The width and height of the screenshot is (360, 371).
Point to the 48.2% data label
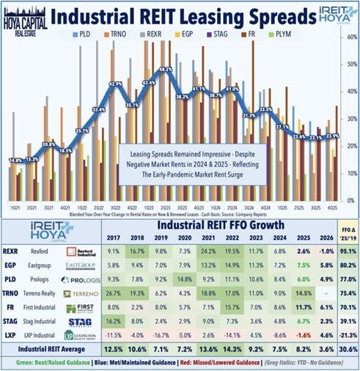pos(165,70)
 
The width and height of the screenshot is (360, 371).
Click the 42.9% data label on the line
pos(115,84)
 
